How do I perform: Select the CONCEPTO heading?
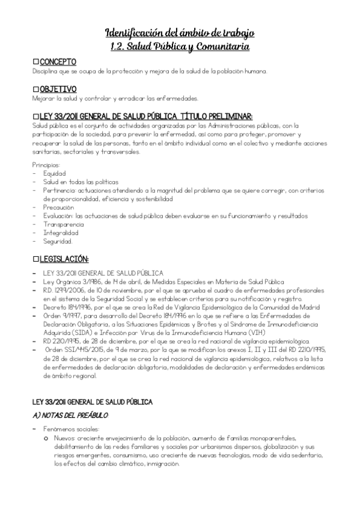pos(58,62)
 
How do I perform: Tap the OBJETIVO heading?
pos(58,89)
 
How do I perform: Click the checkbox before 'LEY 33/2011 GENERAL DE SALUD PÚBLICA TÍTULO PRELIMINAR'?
pos(35,116)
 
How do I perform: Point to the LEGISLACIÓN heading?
pos(63,259)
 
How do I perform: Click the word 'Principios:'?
pos(46,164)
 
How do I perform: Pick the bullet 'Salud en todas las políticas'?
pos(81,181)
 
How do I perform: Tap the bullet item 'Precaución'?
pos(58,207)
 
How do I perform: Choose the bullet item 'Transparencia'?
pos(63,224)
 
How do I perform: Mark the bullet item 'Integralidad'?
pos(60,232)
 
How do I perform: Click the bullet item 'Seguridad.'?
pos(58,241)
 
